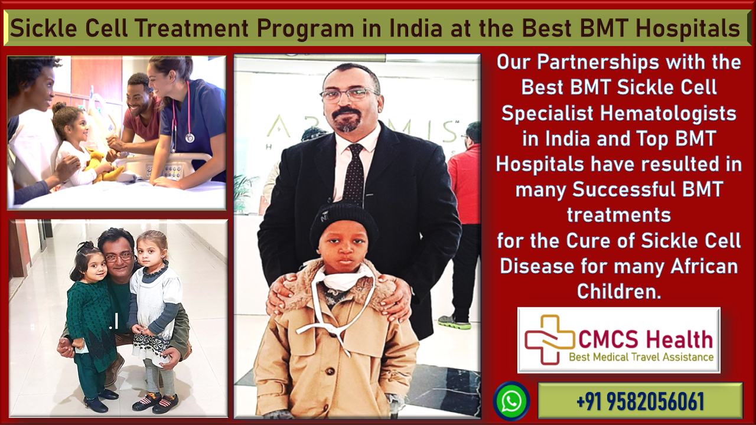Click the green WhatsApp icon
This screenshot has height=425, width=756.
pos(511,401)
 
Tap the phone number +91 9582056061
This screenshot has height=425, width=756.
pos(640,401)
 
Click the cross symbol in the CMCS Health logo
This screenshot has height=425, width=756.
pos(550,339)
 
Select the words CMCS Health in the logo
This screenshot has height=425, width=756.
pos(646,339)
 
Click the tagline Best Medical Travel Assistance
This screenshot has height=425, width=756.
pos(641,357)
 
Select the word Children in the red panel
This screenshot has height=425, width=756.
pos(618,292)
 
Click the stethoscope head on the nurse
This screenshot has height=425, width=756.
pos(190,138)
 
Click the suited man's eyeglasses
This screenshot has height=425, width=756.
pos(350,94)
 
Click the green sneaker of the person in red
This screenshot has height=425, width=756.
pos(454,322)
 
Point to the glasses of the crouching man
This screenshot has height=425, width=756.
pos(119,257)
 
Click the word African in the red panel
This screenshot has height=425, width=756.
pos(705,266)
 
